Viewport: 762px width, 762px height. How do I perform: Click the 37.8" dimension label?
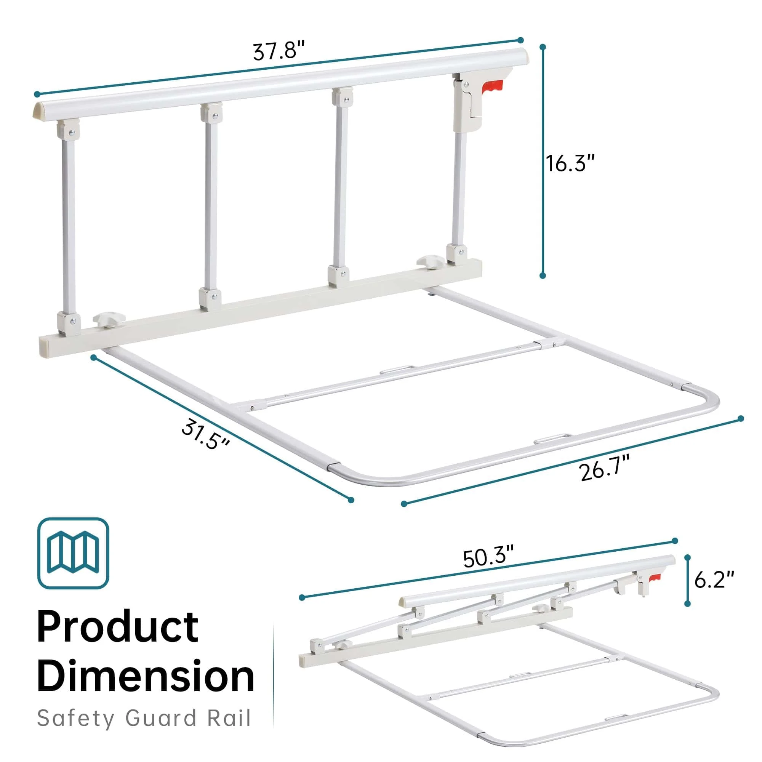pos(279,51)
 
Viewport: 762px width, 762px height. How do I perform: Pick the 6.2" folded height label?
pos(714,580)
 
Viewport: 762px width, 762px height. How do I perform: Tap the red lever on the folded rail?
pos(654,578)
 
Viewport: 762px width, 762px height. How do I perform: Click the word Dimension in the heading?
pos(146,677)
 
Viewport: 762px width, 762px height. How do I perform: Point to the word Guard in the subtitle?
pos(160,718)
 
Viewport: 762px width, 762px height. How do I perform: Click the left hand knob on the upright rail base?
pos(109,320)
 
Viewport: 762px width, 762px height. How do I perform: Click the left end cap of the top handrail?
pos(38,110)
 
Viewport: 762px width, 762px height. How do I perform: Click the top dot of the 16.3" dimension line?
pos(543,46)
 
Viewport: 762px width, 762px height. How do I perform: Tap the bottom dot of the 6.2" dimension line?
pos(687,604)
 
